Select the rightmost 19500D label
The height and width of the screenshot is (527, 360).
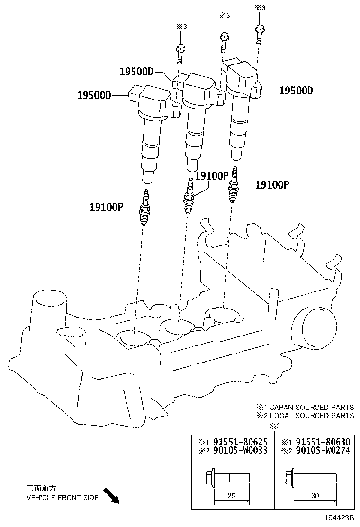[x=296, y=91]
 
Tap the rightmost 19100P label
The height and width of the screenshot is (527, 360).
[x=272, y=185]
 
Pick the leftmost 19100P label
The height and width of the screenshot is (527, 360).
[x=106, y=207]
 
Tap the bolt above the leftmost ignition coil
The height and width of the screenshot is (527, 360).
[x=180, y=53]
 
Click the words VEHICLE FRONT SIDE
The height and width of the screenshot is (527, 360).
[x=62, y=498]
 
